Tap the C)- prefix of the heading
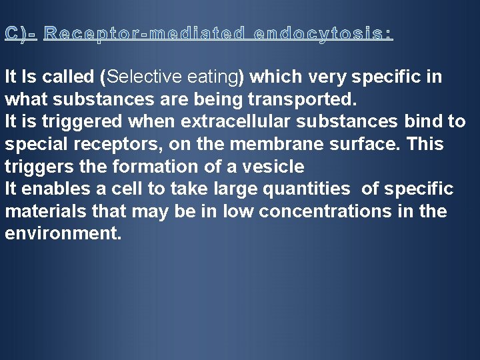click(21, 33)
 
